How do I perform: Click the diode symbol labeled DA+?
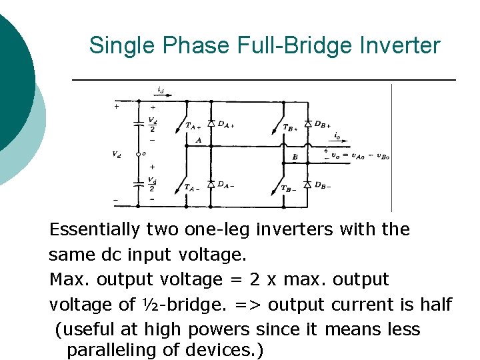click(x=211, y=123)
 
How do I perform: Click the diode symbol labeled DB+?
click(x=307, y=124)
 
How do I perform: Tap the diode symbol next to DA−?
click(x=211, y=184)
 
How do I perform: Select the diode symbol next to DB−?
click(x=307, y=185)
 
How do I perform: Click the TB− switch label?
click(x=289, y=189)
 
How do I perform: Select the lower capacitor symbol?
click(x=139, y=181)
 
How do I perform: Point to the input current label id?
click(x=161, y=89)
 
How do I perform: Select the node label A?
click(x=198, y=141)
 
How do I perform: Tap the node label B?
click(x=295, y=158)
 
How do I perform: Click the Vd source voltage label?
click(x=117, y=154)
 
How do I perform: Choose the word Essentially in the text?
click(x=95, y=229)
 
